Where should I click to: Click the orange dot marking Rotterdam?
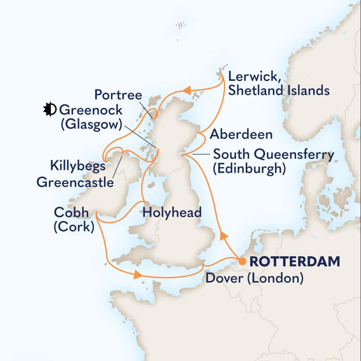click(x=242, y=261)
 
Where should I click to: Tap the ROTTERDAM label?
click(x=295, y=262)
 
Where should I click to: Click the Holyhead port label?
click(x=172, y=213)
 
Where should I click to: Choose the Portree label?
click(x=118, y=96)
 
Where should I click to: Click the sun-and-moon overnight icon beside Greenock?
click(x=49, y=110)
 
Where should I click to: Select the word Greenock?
click(x=91, y=110)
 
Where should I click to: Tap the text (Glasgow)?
click(x=91, y=124)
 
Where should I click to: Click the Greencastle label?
click(x=75, y=182)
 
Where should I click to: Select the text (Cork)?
click(x=74, y=227)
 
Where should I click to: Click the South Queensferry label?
click(x=274, y=154)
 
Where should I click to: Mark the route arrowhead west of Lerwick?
click(x=188, y=91)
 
